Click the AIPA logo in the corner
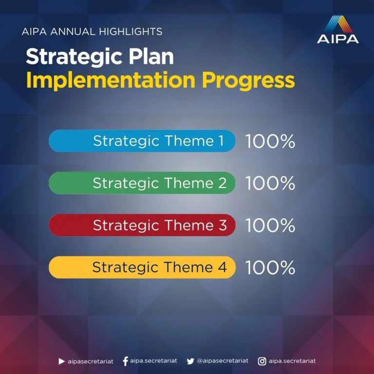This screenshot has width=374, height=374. tap(338, 29)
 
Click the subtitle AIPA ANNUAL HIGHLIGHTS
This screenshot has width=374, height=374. tap(92, 32)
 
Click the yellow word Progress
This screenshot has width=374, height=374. tap(248, 81)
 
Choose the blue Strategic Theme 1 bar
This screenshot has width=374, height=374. tap(142, 141)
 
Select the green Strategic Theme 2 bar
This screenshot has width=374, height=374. tap(142, 183)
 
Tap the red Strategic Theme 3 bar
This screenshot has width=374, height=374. tap(142, 225)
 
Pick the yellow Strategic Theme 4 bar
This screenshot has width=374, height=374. tap(142, 267)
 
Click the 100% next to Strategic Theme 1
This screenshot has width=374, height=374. tap(270, 141)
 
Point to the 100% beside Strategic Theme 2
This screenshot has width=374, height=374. tap(270, 183)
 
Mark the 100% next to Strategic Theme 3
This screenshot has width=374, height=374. tap(270, 225)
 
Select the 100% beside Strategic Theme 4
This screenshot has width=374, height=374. tap(270, 267)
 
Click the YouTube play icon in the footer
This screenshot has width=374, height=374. tap(61, 361)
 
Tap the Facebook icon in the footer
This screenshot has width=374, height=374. tap(125, 361)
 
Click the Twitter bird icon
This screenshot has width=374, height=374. tap(190, 361)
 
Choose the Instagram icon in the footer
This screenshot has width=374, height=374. tap(262, 361)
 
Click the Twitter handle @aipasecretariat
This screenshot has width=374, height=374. tap(223, 361)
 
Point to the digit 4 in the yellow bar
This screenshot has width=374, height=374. tap(222, 267)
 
